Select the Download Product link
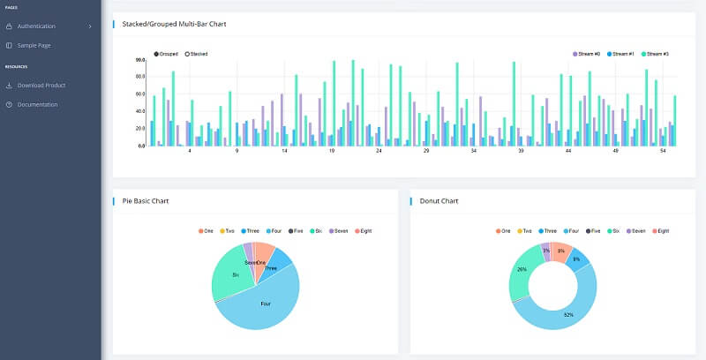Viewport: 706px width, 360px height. coord(41,86)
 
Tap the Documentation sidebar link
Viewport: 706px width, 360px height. coord(37,104)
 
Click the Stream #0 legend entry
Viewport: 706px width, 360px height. coord(588,54)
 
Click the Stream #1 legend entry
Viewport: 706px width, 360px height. coord(623,54)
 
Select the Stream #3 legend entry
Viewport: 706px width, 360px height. coord(657,54)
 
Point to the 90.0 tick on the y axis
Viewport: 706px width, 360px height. coord(140,60)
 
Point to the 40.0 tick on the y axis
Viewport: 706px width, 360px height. coord(140,111)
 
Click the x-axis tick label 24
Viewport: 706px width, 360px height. coord(379,151)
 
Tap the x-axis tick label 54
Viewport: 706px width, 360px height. coord(663,151)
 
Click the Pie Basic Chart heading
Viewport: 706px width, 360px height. coord(146,201)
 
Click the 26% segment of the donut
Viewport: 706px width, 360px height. coord(522,269)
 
